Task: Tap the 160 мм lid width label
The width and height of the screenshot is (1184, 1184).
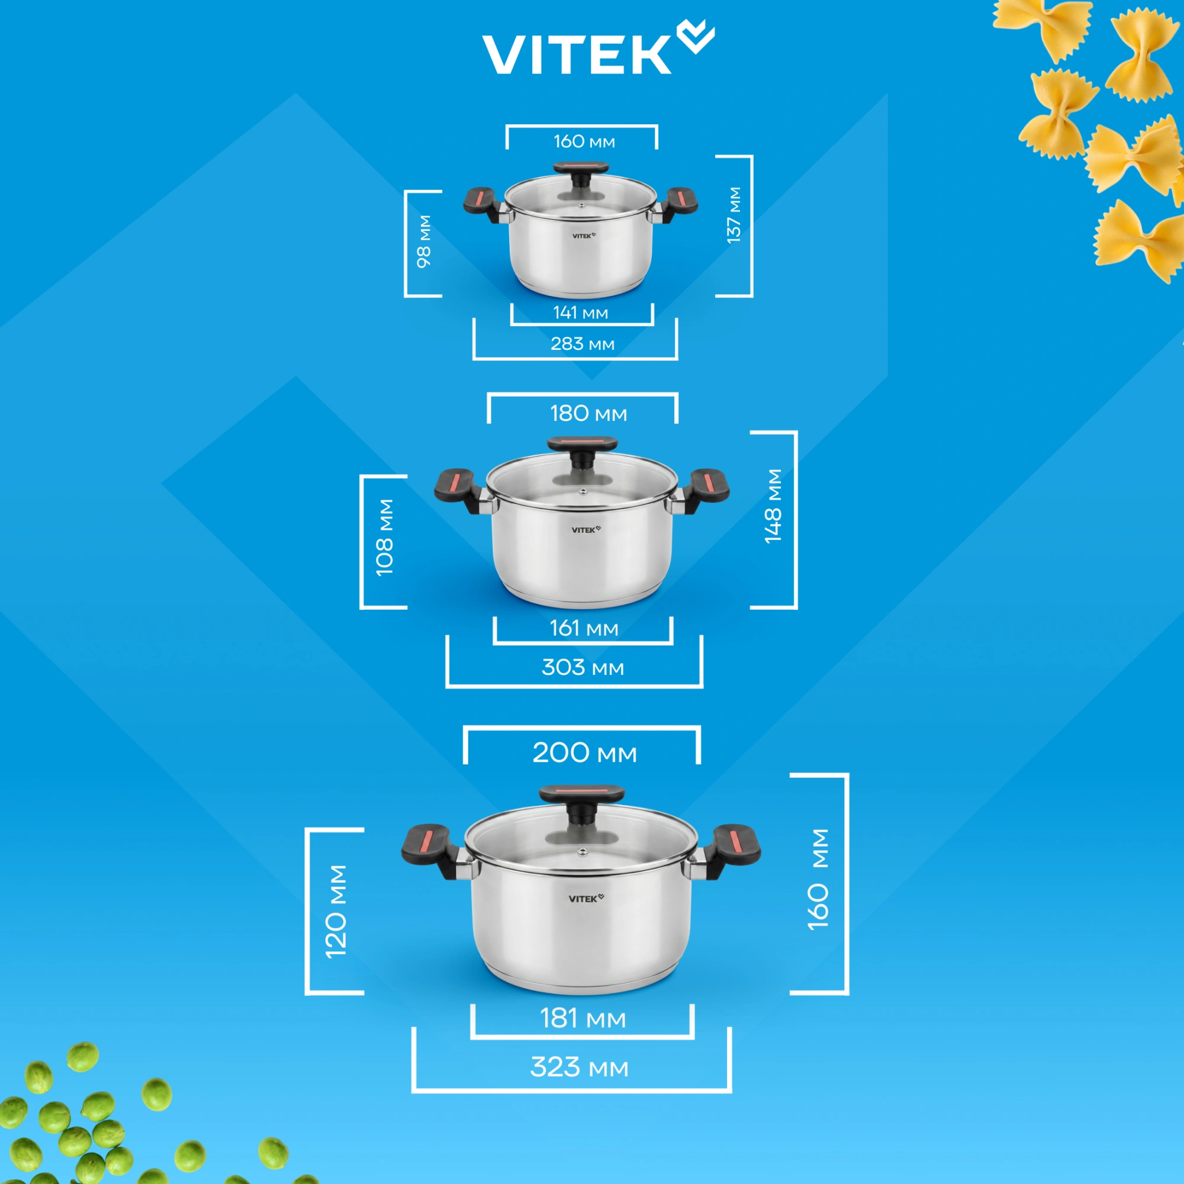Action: pos(584,141)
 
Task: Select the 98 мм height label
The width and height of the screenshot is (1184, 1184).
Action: pos(424,241)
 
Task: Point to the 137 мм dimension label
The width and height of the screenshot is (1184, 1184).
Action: pos(733,215)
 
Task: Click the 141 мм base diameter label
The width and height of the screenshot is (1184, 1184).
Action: pos(580,313)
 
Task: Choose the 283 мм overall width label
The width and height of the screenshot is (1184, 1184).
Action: pos(582,344)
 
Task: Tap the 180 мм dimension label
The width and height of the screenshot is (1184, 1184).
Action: pos(588,414)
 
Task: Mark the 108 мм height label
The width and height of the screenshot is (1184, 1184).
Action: pos(385,538)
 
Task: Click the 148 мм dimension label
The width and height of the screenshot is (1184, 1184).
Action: pos(773,506)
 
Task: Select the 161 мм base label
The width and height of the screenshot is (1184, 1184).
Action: pos(584,628)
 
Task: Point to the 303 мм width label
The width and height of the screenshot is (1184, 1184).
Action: pos(582,667)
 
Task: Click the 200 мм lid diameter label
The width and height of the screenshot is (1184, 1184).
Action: pos(584,752)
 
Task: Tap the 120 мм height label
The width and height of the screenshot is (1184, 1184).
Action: pos(336,910)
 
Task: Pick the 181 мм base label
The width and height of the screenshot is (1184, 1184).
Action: pos(582,1018)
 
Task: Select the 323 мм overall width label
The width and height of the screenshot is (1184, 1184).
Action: pos(579,1067)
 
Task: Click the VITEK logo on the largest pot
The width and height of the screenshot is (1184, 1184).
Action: pos(586,899)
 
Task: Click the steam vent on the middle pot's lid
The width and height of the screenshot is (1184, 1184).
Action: pos(583,491)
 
